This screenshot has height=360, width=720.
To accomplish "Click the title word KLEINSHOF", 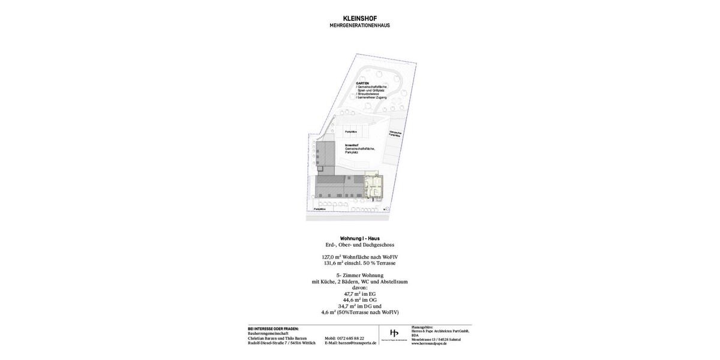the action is coord(359,19).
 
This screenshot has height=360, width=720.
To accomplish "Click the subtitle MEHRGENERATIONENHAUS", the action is coord(359,25).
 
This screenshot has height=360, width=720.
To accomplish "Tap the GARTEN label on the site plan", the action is coord(362,83).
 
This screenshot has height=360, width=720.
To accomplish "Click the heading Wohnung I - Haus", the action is coord(359,238).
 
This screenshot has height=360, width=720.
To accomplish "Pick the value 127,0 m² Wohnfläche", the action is coord(359,257).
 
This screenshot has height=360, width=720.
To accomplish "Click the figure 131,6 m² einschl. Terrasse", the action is coord(359,263).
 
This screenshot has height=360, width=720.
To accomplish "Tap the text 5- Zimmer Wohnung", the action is coord(359,275).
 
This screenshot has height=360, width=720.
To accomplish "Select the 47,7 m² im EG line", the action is coord(359,294).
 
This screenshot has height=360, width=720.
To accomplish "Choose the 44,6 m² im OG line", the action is coord(359,300).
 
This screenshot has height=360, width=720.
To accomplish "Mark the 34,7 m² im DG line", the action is coord(359,306).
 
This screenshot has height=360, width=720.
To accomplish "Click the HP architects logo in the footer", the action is coord(394,334).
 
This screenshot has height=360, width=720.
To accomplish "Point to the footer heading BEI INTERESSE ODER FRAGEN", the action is coord(273,329).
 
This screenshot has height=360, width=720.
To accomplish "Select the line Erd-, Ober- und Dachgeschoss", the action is coord(359,245).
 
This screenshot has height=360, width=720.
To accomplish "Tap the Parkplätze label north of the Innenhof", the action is coord(351,131).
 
